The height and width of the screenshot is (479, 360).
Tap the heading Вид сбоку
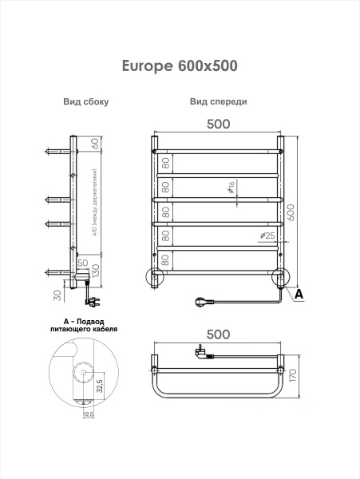click(x=85, y=102)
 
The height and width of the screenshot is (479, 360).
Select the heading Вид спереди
click(x=218, y=102)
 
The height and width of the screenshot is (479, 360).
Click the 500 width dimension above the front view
click(x=218, y=124)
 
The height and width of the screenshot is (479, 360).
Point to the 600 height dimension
click(x=291, y=212)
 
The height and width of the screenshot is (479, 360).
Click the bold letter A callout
click(x=299, y=295)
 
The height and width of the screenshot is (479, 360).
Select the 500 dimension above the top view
click(x=218, y=335)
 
